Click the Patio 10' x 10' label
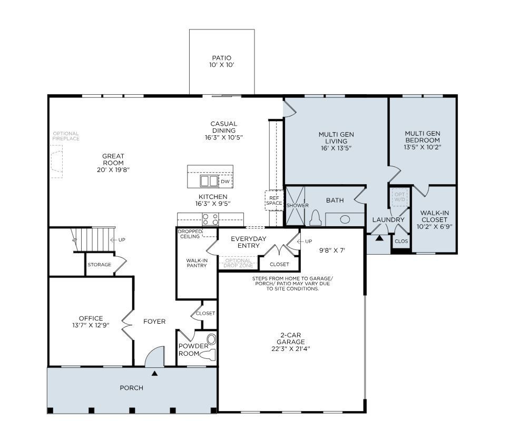[221, 61]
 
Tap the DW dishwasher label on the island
[225, 182]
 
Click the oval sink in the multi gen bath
[345, 219]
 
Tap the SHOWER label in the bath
[297, 205]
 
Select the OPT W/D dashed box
[399, 197]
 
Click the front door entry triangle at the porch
[154, 374]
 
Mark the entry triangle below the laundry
[379, 238]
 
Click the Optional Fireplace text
[66, 136]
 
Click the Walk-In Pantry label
[196, 263]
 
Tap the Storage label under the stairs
[99, 265]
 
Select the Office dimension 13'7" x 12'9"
[91, 325]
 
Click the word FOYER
[154, 322]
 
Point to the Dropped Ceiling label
[189, 234]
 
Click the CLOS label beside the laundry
[400, 242]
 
